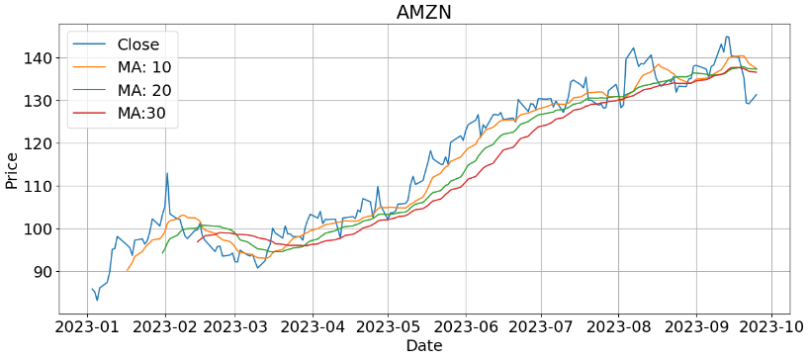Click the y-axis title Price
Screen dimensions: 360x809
[12, 170]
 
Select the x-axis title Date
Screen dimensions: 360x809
[424, 346]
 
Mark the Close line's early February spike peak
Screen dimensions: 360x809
[167, 173]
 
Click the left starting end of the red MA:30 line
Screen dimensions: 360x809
[198, 241]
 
